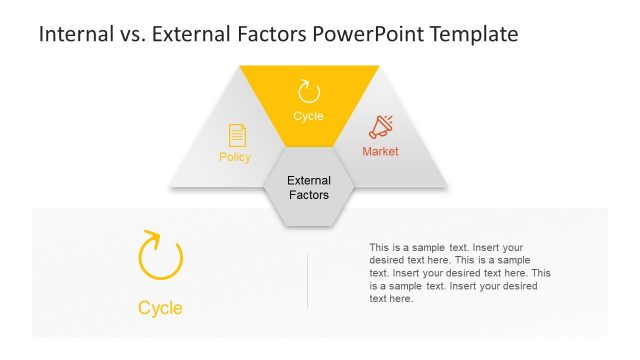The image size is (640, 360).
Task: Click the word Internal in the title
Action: point(74,34)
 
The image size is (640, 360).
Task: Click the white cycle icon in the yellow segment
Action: point(309,92)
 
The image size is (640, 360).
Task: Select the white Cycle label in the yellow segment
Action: point(309,116)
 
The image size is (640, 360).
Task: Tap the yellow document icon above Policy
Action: point(237,135)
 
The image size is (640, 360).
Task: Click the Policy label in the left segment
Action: point(235,157)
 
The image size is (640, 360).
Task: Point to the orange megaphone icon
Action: point(381,127)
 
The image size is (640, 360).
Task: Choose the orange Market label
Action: point(380,152)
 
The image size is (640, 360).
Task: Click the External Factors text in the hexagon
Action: point(308,188)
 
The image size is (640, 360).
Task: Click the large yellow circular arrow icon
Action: point(160,257)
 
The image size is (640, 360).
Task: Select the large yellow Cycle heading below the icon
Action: point(160,308)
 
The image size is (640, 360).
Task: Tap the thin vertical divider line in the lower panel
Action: point(307,280)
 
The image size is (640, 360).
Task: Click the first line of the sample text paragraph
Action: point(446,247)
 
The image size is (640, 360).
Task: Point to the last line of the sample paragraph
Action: point(391,299)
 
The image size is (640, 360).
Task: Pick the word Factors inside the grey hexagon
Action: point(308,195)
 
